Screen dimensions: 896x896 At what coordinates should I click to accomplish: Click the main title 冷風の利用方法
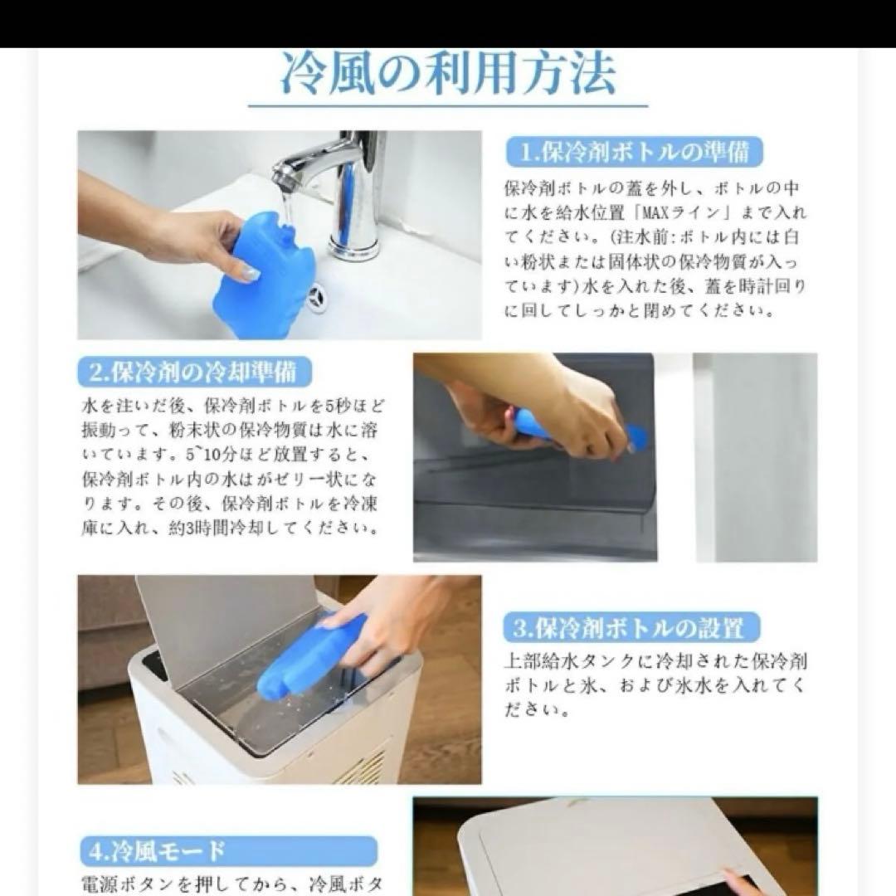(448, 75)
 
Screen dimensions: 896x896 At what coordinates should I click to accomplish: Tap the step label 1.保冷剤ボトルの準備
(634, 152)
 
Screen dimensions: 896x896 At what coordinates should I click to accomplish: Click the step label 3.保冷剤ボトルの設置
(632, 627)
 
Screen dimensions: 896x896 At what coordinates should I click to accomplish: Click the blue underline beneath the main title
(448, 105)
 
